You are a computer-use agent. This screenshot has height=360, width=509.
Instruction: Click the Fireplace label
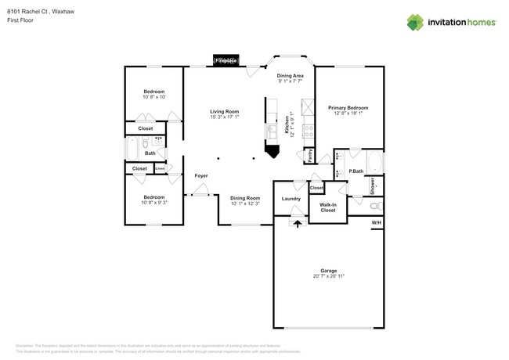click(x=227, y=60)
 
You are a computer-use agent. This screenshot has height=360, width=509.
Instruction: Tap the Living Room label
click(x=223, y=112)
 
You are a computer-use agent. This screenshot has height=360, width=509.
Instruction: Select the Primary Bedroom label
click(x=348, y=108)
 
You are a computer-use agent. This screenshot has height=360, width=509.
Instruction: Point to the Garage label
click(x=328, y=270)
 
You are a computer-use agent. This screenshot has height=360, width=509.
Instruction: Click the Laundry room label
click(x=291, y=199)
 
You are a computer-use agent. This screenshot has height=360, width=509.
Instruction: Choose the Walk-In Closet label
click(x=328, y=207)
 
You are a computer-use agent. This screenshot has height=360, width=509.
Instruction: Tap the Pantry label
click(x=310, y=155)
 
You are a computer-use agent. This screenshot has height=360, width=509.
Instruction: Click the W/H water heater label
click(x=376, y=223)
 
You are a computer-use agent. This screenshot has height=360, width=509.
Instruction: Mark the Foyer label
click(x=200, y=176)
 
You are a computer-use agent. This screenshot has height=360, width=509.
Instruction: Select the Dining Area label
click(x=290, y=75)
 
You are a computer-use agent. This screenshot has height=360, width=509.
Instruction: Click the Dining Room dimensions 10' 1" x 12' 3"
click(x=244, y=203)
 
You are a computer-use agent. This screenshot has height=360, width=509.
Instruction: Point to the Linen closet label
click(x=160, y=168)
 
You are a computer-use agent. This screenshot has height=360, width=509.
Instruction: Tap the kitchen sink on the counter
click(x=271, y=130)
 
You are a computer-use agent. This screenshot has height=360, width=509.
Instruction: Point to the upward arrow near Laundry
click(x=296, y=224)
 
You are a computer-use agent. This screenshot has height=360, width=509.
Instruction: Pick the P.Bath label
click(x=356, y=171)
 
